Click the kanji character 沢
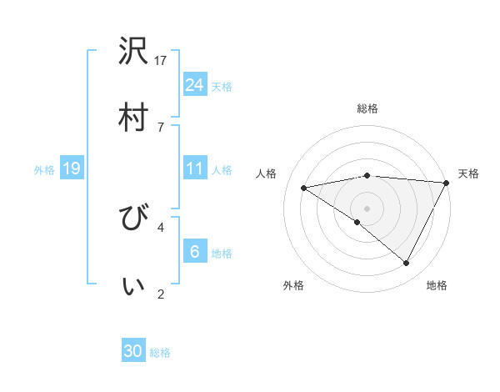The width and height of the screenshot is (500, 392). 133,52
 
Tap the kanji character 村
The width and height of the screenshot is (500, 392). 133,117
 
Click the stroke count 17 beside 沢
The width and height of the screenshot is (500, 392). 161,60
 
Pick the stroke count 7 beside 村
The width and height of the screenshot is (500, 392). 161,126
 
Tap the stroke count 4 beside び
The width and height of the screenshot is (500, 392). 161,226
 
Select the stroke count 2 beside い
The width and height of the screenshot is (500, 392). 161,294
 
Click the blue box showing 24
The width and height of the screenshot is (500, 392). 194,84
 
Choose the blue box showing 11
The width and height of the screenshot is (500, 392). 194,168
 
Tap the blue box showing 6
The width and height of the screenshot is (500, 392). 194,252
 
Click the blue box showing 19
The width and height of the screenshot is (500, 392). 72,168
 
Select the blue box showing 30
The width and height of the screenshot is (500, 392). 133,351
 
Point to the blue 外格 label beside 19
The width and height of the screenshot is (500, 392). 44,169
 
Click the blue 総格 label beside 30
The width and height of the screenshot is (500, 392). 161,353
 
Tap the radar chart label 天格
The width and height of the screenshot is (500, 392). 468,173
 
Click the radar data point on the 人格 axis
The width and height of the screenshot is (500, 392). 304,188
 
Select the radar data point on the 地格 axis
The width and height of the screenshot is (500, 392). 407,264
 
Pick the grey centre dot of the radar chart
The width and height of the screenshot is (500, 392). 367,208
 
